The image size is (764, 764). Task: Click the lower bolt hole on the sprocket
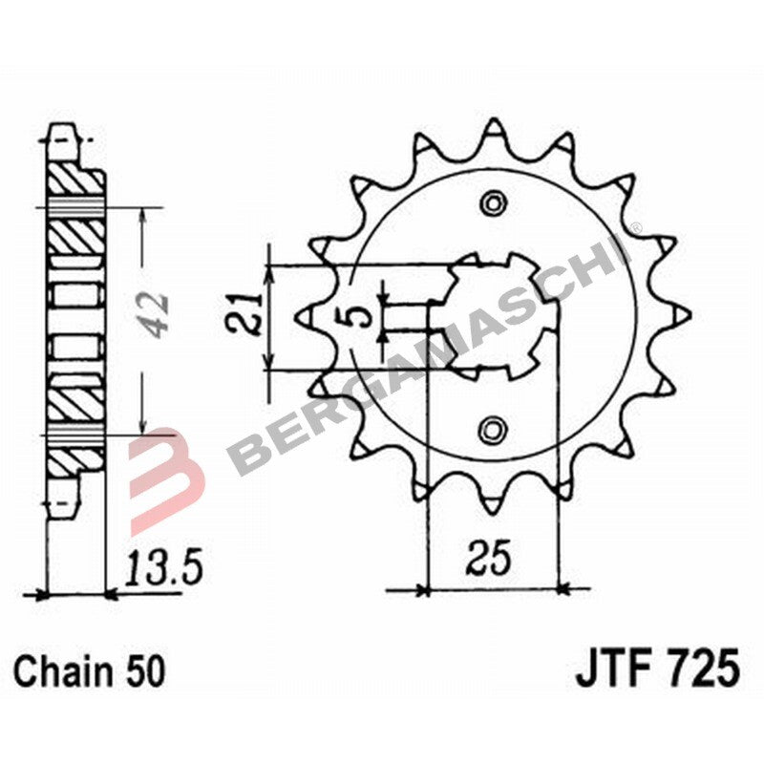[493, 429]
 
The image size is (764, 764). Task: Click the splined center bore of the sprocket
[493, 315]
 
